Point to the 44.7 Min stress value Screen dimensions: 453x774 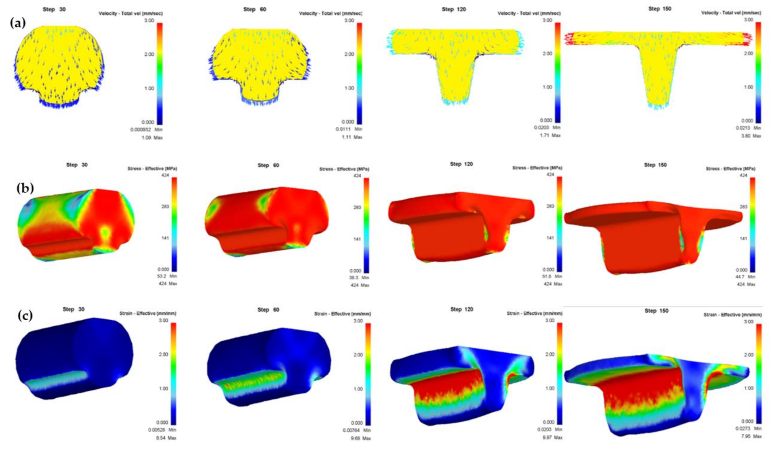click(748, 276)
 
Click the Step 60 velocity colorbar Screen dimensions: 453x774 click(359, 71)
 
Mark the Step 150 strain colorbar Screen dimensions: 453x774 click(758, 372)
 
